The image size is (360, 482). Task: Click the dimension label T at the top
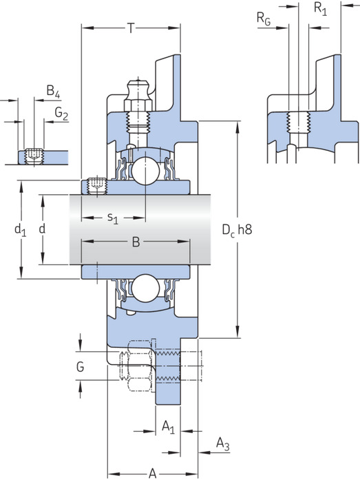131,28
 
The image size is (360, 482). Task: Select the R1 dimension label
320,8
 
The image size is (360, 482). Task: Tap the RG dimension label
264,19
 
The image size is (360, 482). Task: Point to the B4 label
53,92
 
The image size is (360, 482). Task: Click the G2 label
61,114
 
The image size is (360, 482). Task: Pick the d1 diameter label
21,229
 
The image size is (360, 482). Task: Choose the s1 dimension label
113,218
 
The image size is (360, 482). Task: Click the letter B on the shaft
136,242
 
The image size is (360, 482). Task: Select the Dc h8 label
237,229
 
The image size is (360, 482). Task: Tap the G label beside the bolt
80,367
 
